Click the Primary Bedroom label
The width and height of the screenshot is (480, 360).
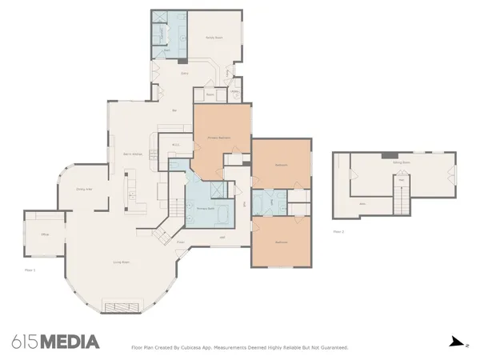point(219,137)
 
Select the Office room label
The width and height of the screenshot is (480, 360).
point(46,234)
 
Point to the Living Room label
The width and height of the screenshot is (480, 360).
point(121,262)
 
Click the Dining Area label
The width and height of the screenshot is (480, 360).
point(85,189)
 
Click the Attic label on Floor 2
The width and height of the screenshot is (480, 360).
point(362,204)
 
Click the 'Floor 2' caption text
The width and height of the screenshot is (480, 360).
point(338,231)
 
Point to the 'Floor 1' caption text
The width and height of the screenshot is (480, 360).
point(30,270)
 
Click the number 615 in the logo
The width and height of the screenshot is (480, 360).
point(26,342)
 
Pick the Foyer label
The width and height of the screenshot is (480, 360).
point(181,241)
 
